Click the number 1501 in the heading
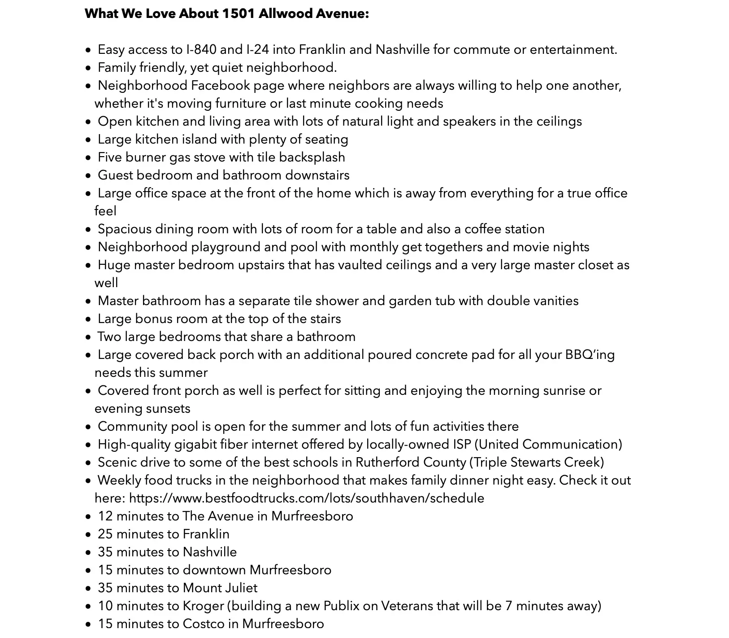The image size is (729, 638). [238, 14]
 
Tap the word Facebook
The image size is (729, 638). [220, 85]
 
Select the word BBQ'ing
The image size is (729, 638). [590, 354]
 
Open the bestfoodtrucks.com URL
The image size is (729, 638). [307, 498]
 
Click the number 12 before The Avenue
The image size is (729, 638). [105, 516]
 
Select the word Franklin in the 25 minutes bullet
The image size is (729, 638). [206, 534]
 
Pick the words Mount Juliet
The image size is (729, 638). [220, 588]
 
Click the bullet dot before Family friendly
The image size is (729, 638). [88, 68]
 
